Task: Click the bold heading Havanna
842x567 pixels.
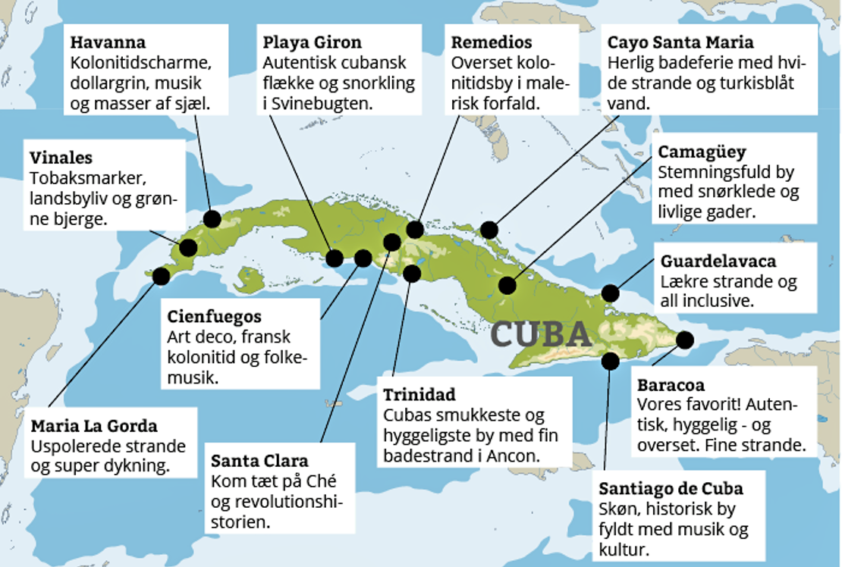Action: pos(108,42)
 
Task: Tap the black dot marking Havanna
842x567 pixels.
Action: pos(212,219)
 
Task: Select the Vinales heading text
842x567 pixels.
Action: pos(61,158)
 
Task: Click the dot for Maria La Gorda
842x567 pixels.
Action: pos(161,275)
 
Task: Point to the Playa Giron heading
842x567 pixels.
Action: pos(312,42)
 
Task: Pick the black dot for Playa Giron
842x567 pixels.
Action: pos(335,258)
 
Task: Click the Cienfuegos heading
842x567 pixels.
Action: pos(214,316)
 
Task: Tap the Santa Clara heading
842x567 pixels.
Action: pos(259,461)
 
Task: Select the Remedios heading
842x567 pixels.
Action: pos(492,42)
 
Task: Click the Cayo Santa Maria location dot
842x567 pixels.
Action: pos(489,229)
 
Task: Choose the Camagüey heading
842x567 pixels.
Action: pos(702,152)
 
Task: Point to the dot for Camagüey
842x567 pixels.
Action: pos(507,286)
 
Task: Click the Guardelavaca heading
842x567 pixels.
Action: pos(718,262)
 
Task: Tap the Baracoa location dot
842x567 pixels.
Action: pos(684,340)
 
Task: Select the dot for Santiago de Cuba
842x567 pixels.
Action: pos(610,361)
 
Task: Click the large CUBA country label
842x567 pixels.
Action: pos(542,334)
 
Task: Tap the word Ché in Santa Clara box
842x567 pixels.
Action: pos(321,481)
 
